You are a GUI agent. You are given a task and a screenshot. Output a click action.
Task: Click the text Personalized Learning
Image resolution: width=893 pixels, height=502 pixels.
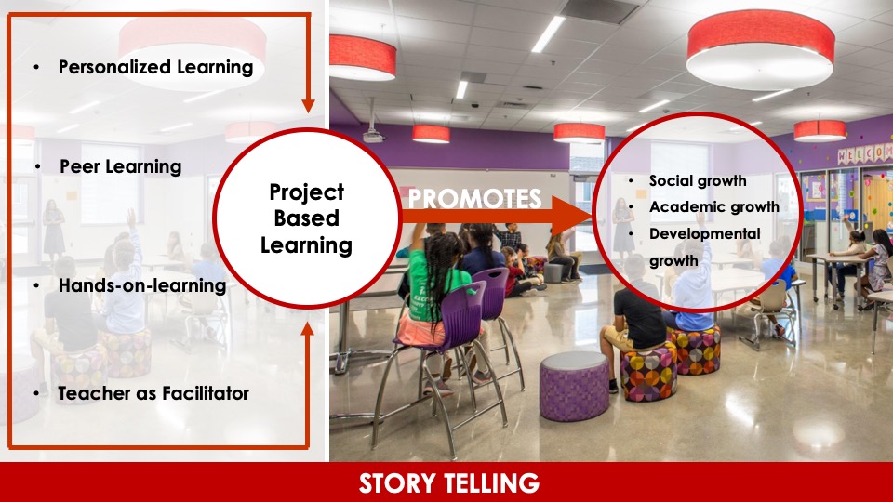[155, 67]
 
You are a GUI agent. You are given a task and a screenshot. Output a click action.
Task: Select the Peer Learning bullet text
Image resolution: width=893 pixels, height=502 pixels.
[120, 166]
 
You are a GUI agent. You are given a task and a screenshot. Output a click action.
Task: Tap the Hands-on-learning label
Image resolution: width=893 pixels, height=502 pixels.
[141, 285]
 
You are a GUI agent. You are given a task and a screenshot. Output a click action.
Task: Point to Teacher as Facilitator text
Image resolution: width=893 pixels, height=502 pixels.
[153, 393]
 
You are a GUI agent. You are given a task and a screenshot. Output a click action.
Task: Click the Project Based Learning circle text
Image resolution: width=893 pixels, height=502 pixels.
[306, 218]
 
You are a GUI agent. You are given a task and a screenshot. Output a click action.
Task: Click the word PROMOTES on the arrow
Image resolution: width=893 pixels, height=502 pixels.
[474, 199]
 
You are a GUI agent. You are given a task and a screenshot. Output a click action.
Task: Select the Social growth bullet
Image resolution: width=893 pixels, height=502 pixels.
[698, 181]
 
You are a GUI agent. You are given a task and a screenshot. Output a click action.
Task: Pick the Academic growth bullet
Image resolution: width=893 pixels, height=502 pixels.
[713, 207]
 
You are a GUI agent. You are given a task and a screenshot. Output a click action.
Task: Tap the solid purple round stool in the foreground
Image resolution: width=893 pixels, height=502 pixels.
[574, 385]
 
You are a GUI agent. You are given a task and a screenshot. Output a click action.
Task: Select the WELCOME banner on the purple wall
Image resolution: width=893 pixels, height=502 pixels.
[862, 154]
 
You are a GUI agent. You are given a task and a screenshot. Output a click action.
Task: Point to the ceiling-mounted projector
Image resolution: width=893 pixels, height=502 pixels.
[373, 136]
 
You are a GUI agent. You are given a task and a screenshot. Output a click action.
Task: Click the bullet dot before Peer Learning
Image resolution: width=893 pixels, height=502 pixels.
[38, 167]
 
